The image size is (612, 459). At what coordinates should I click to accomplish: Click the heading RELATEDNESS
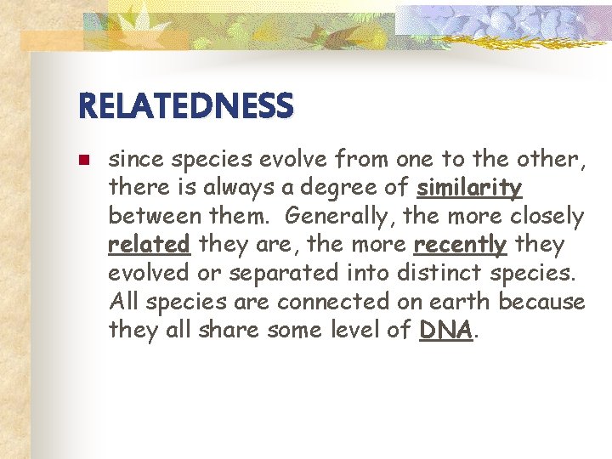pyautogui.click(x=185, y=106)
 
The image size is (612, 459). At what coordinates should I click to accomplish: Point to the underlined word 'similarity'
pyautogui.click(x=470, y=187)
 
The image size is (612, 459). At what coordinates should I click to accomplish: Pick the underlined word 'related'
pyautogui.click(x=150, y=245)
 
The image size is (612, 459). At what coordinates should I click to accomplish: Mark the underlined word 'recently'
pyautogui.click(x=460, y=245)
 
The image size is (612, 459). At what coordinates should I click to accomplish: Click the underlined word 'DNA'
pyautogui.click(x=446, y=331)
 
